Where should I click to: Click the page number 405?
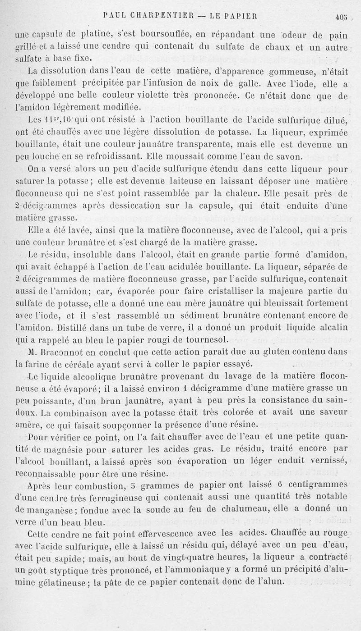coord(342,17)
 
